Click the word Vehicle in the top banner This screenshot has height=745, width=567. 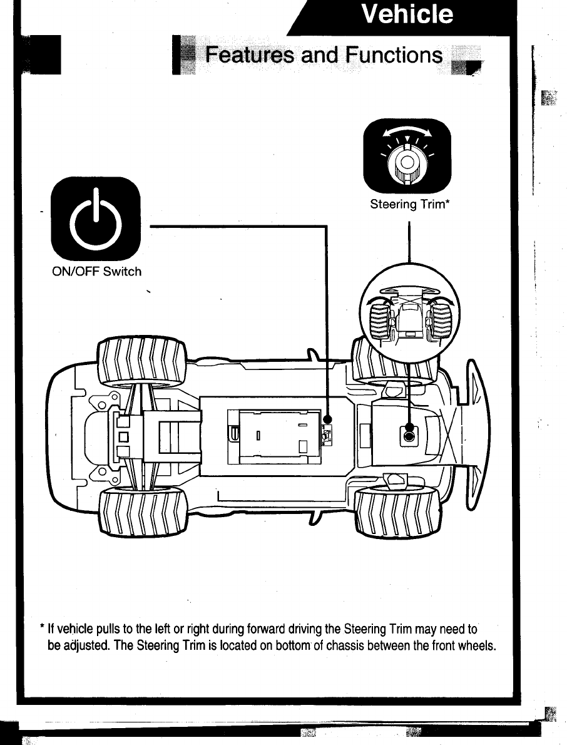pyautogui.click(x=408, y=14)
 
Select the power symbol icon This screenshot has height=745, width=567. pyautogui.click(x=96, y=219)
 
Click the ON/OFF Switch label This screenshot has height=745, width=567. pyautogui.click(x=96, y=272)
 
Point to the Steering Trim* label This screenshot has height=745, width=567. pyautogui.click(x=411, y=204)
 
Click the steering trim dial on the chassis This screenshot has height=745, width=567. pyautogui.click(x=409, y=436)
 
